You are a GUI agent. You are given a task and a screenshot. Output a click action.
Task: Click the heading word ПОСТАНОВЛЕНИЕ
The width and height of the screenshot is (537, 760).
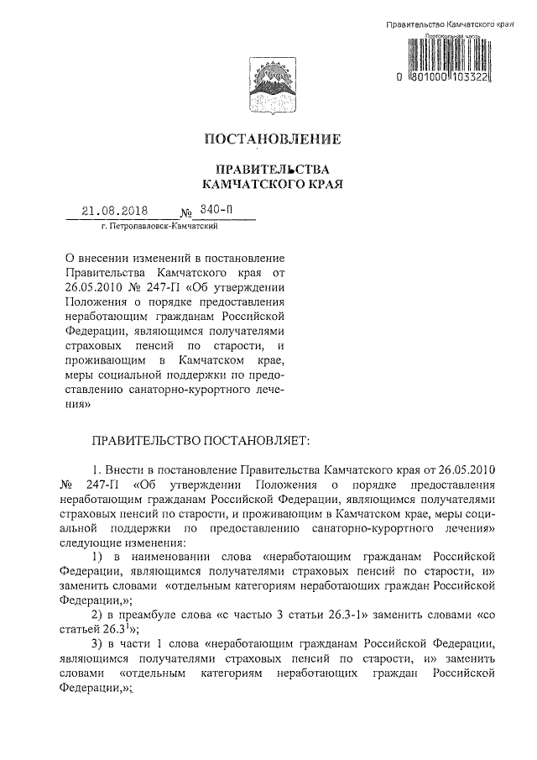pyautogui.click(x=268, y=138)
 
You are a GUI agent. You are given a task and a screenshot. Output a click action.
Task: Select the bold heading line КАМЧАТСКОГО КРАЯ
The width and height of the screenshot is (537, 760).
pyautogui.click(x=268, y=181)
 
